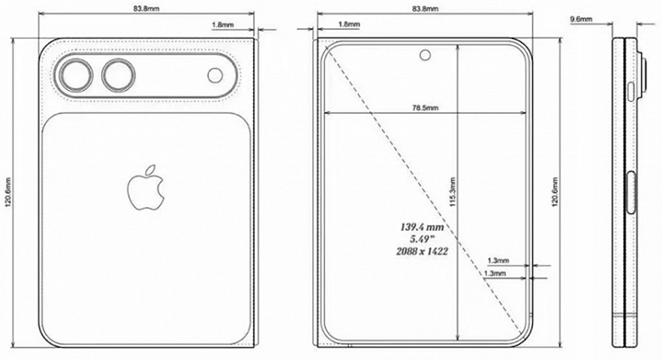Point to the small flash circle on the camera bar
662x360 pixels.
pos(216,77)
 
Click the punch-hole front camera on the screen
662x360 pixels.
pos(424,58)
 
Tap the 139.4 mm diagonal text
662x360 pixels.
pos(422,228)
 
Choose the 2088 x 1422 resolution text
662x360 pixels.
pos(422,253)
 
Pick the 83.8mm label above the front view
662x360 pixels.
pos(424,8)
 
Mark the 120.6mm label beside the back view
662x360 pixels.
pos(8,195)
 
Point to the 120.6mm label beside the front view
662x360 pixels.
pos(556,195)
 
